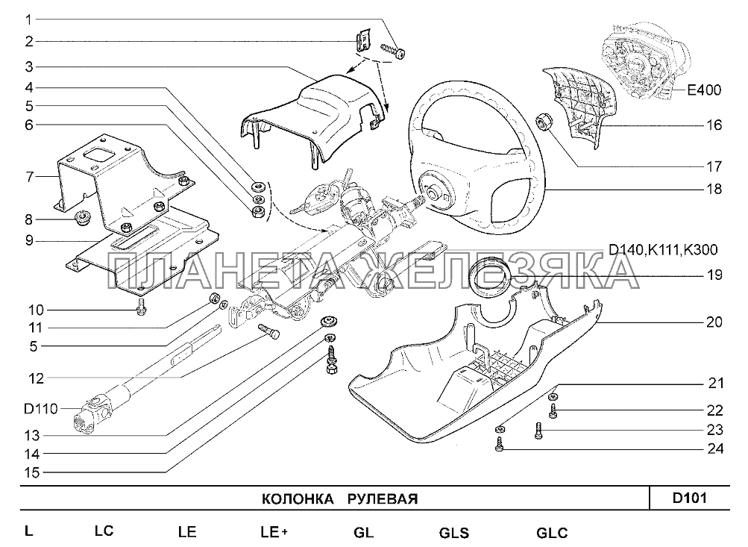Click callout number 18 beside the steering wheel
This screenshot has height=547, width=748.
coord(714,190)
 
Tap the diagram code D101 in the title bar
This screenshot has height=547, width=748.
coord(691,498)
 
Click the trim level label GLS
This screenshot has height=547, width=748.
coord(453,533)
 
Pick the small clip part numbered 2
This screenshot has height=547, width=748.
coord(362,41)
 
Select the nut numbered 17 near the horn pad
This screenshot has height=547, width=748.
coord(544,120)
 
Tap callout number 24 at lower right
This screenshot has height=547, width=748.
coord(714,448)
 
